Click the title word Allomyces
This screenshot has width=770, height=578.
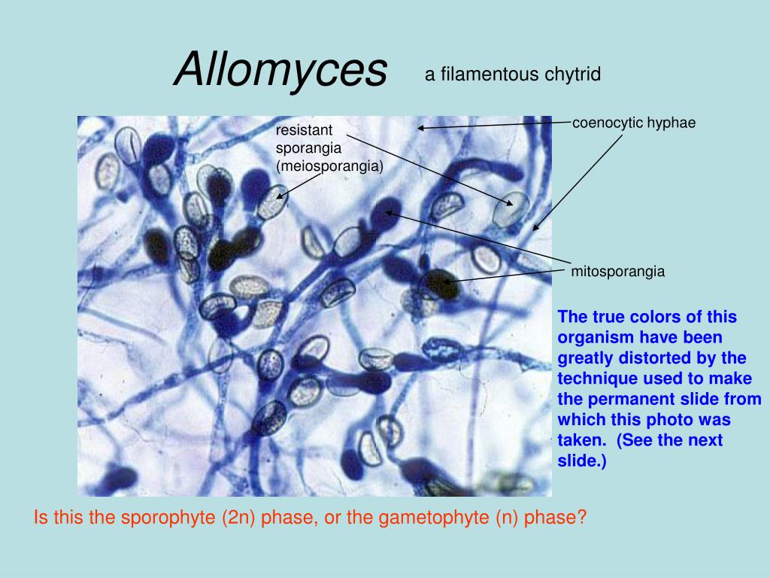(280, 70)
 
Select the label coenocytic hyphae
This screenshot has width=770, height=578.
(634, 123)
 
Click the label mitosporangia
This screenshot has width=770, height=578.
(618, 272)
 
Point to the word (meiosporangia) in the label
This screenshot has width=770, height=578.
(329, 166)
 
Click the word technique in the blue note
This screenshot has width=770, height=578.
(593, 378)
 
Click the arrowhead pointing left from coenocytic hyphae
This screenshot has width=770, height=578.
(421, 128)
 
